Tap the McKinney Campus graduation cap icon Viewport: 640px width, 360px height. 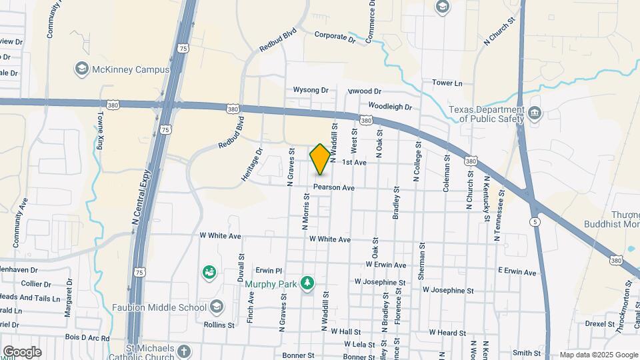[81, 69]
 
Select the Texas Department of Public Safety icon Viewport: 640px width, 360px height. [534, 114]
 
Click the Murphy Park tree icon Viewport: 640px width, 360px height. [307, 284]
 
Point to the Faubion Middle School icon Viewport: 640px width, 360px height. [216, 307]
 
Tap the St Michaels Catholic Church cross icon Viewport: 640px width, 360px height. [183, 351]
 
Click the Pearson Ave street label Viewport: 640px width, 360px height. [334, 188]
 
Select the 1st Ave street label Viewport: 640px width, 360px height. [354, 163]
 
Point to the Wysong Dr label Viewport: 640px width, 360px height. [311, 90]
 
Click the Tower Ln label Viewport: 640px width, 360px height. [447, 83]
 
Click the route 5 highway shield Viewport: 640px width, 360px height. [535, 221]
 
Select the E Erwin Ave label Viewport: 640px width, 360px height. [517, 272]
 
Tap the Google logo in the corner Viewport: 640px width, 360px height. [21, 351]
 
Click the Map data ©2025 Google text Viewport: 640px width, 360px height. [599, 355]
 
